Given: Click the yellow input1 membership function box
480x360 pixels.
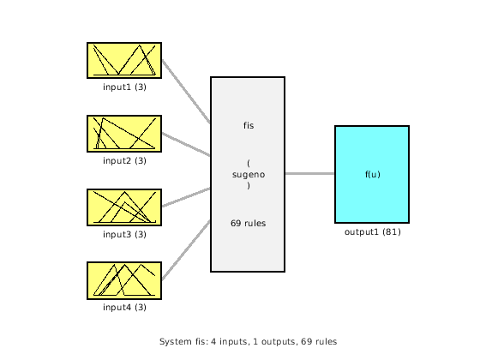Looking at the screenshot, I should (123, 60).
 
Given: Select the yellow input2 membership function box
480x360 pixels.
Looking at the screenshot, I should (123, 134).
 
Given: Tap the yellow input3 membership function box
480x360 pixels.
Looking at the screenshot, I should (123, 207).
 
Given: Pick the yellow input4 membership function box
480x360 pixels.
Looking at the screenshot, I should (123, 281).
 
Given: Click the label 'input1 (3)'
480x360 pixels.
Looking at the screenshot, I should (124, 87).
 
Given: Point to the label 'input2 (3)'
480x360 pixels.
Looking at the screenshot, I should (124, 160).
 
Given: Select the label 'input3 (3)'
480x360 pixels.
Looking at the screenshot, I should (124, 234).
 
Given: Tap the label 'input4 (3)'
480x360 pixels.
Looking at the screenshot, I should (124, 308).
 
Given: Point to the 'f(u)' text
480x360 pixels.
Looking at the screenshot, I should (372, 174).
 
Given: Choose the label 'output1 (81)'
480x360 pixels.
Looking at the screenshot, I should (372, 231).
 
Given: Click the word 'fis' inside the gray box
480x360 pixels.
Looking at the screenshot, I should (248, 125).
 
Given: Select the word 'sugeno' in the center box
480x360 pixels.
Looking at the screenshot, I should (248, 174).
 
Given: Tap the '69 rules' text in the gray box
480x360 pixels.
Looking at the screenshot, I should (248, 223).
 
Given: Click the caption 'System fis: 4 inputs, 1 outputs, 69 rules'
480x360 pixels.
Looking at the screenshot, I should (248, 341).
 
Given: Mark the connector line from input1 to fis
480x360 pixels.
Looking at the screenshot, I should (185, 92).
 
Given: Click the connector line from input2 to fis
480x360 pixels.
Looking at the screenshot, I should (185, 144).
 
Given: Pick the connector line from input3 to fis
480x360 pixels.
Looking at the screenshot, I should (185, 197).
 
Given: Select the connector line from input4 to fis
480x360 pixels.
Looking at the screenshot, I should (185, 250).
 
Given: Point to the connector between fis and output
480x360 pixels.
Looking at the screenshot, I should (309, 173).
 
